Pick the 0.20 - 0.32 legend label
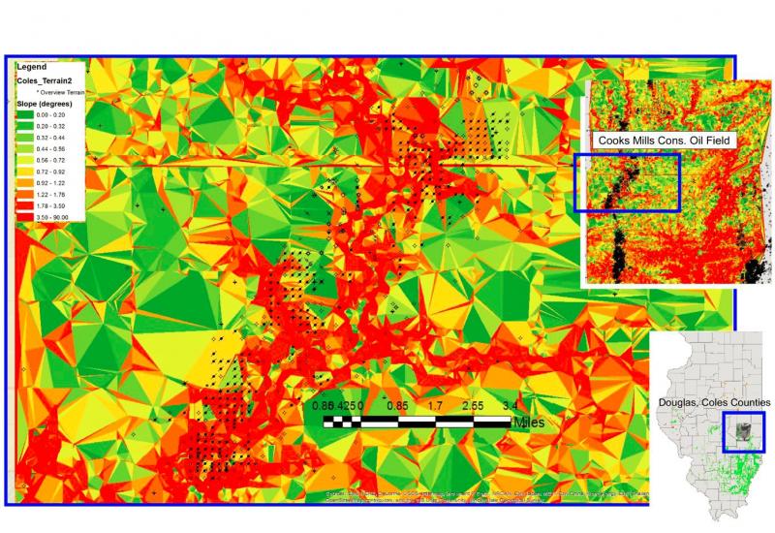[52, 126]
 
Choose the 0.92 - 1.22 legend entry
[52, 183]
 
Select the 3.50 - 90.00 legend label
[54, 217]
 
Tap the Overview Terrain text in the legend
[59, 92]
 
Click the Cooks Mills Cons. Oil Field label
[665, 141]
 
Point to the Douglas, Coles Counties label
[714, 401]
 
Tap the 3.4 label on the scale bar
[511, 406]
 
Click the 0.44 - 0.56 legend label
[52, 148]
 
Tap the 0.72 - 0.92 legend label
[52, 172]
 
